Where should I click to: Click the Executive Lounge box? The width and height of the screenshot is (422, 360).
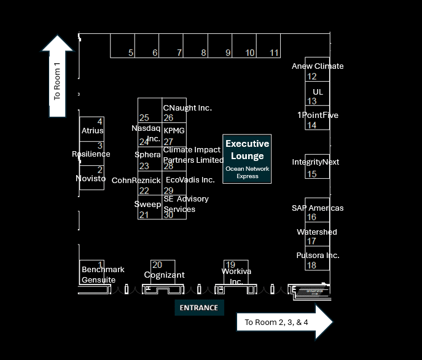(247, 158)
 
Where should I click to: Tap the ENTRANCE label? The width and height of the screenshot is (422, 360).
(199, 307)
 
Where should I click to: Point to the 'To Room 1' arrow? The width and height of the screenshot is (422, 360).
(58, 76)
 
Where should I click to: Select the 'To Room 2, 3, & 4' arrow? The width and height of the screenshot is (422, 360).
(284, 322)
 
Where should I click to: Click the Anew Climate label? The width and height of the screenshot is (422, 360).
(318, 66)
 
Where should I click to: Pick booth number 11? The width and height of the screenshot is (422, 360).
(275, 53)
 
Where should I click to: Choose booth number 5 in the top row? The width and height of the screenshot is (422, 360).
(131, 53)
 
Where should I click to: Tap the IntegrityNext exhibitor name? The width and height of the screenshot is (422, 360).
(315, 162)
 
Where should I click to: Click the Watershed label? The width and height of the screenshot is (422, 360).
(317, 232)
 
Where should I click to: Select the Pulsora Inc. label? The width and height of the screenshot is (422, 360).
(318, 256)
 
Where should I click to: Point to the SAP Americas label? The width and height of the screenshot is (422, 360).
(318, 208)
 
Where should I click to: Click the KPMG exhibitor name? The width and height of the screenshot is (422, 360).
(174, 131)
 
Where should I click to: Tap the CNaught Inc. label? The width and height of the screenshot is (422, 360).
(187, 108)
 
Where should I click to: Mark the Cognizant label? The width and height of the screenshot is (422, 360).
(164, 275)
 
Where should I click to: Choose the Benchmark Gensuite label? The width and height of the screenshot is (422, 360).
(103, 275)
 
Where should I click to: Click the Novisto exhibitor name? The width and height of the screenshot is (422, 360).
(91, 179)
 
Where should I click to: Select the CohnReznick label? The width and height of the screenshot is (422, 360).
(136, 181)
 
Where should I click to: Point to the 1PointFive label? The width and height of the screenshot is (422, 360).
(318, 115)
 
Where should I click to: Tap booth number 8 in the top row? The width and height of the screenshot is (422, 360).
(204, 53)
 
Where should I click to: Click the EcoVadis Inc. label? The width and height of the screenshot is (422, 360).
(190, 180)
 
